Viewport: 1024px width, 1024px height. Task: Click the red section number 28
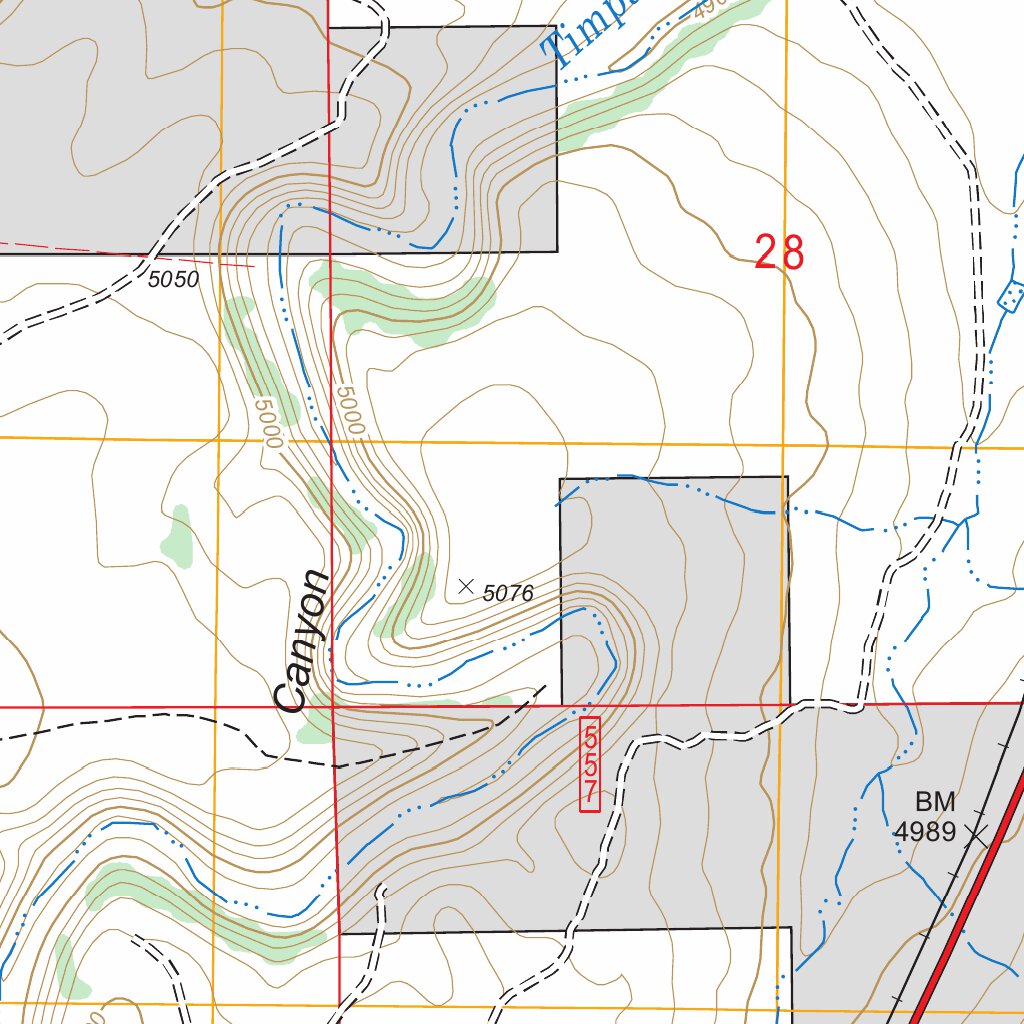coord(779,253)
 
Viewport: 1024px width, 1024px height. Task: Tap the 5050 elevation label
coord(173,280)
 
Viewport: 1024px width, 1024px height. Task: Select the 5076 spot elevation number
coord(508,593)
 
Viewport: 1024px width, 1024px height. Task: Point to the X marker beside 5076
coord(465,587)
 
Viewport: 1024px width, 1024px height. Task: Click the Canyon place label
coord(305,640)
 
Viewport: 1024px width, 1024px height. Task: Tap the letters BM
coord(935,801)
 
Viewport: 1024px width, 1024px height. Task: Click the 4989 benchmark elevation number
coord(926,832)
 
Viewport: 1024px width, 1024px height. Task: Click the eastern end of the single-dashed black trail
coord(544,687)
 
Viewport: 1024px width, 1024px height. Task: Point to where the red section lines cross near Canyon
coord(333,706)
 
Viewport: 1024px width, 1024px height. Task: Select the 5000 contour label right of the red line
coord(350,410)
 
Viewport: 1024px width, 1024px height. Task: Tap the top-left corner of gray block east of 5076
coord(561,479)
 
